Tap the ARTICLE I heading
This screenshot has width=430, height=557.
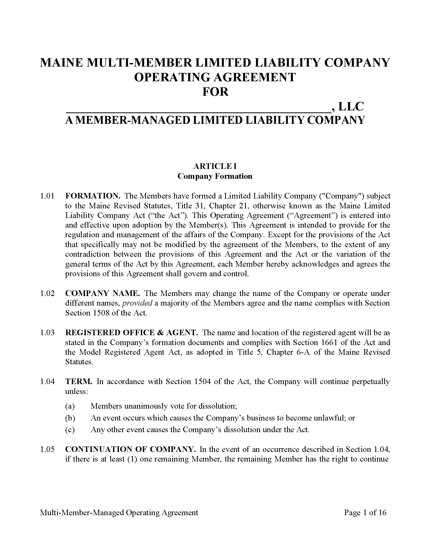click(215, 166)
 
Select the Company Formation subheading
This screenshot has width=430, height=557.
click(215, 176)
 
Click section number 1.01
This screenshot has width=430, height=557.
click(47, 196)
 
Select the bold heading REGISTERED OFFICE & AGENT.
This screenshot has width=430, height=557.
click(132, 333)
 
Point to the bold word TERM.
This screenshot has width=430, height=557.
click(78, 382)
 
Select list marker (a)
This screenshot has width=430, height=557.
click(70, 406)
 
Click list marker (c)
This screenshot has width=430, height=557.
click(70, 430)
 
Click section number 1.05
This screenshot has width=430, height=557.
click(47, 449)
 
